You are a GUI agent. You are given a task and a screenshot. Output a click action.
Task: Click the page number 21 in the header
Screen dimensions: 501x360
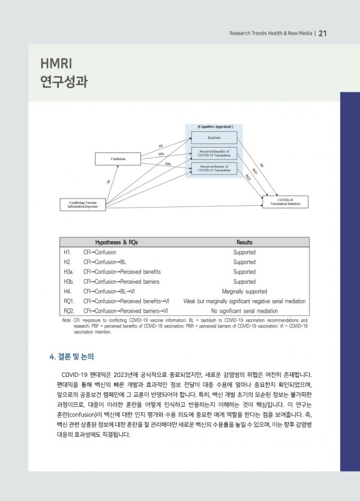[322, 33]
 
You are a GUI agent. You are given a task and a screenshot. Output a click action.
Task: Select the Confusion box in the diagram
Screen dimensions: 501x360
[118, 159]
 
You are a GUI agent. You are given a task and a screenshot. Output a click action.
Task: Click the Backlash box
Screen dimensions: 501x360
[214, 138]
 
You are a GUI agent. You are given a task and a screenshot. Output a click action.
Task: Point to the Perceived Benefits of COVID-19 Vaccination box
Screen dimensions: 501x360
[214, 152]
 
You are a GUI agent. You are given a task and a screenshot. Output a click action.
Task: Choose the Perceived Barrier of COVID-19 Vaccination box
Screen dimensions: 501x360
[214, 168]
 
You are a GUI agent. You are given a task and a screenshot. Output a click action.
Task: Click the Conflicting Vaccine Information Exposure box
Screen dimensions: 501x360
[82, 204]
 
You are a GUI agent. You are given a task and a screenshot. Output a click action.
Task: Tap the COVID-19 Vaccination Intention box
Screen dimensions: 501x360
[286, 202]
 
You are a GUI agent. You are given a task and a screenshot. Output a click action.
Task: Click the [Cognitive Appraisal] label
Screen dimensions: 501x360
[214, 127]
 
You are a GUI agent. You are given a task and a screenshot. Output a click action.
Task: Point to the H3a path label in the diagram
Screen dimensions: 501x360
[161, 154]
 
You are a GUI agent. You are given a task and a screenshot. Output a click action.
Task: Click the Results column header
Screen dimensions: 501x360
[244, 242]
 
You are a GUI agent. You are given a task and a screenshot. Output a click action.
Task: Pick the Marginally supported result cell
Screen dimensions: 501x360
[244, 291]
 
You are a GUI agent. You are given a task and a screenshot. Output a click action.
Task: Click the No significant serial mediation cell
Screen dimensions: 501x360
[244, 311]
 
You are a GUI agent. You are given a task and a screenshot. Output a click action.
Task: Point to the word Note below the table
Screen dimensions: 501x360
[66, 321]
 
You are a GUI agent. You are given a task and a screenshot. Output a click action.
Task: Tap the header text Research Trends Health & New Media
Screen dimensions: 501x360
[271, 34]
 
